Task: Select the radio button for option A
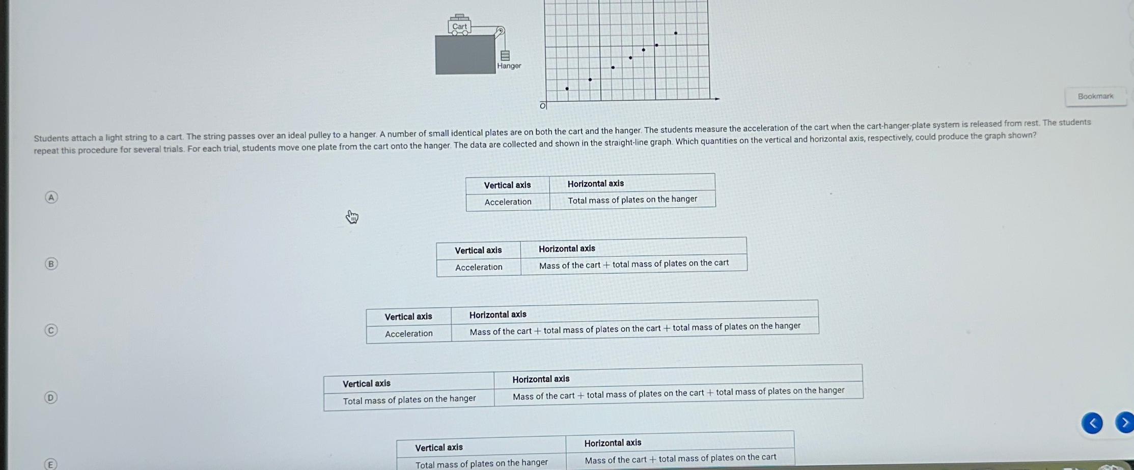51,197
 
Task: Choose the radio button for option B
51,263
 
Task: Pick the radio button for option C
51,330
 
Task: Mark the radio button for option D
50,397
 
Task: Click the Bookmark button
1095,96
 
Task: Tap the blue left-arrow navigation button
1092,423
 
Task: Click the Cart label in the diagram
459,26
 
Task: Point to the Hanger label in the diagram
509,66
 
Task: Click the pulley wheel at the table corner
500,31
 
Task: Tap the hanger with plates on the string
505,55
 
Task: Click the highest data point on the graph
676,33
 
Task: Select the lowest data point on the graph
567,89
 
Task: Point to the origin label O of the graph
543,105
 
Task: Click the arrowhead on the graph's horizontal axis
717,99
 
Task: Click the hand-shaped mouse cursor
352,217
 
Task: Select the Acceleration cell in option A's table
508,202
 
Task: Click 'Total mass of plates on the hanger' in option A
632,200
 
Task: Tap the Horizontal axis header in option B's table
567,248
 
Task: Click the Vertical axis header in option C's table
408,316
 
